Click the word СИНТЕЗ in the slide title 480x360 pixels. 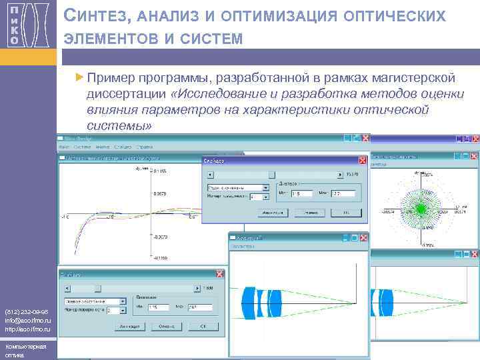pyautogui.click(x=93, y=17)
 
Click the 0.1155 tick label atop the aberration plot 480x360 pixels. pyautogui.click(x=161, y=171)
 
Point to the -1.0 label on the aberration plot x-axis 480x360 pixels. pyautogui.click(x=65, y=217)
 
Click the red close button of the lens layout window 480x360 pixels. pyautogui.click(x=363, y=237)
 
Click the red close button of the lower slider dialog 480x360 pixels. pyautogui.click(x=219, y=274)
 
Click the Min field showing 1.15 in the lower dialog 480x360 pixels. pyautogui.click(x=160, y=307)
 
